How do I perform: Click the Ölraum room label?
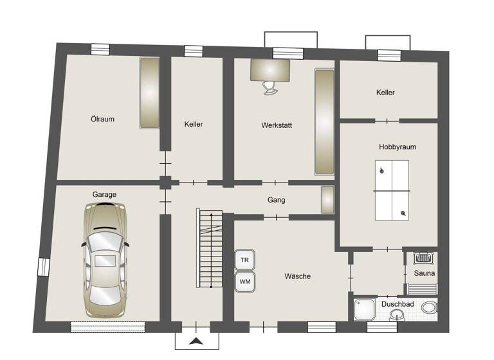pyautogui.click(x=102, y=119)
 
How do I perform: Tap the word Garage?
pyautogui.click(x=104, y=194)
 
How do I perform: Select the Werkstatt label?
pyautogui.click(x=277, y=125)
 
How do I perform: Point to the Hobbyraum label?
pyautogui.click(x=397, y=147)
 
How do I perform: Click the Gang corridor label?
pyautogui.click(x=276, y=200)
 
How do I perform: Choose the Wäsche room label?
pyautogui.click(x=297, y=276)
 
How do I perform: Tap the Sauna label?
pyautogui.click(x=425, y=274)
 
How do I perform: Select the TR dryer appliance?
pyautogui.click(x=244, y=260)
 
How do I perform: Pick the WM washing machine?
pyautogui.click(x=244, y=282)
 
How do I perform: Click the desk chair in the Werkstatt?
pyautogui.click(x=270, y=87)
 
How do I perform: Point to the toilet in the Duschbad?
pyautogui.click(x=430, y=307)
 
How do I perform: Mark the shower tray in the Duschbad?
pyautogui.click(x=364, y=311)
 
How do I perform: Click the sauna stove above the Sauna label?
pyautogui.click(x=424, y=258)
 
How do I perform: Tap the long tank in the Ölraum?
pyautogui.click(x=149, y=93)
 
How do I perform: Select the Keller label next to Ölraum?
pyautogui.click(x=193, y=124)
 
